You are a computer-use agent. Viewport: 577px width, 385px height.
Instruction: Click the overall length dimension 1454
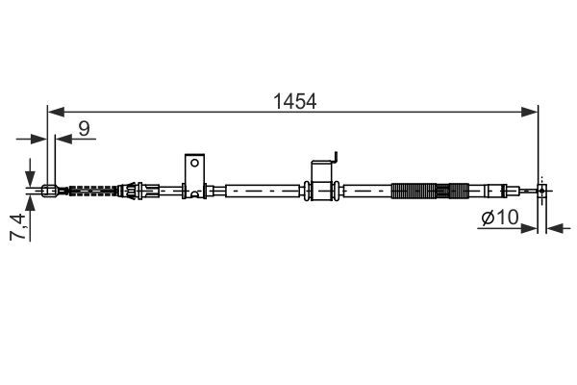pos(292,100)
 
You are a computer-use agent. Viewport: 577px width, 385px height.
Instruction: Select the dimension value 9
pos(85,127)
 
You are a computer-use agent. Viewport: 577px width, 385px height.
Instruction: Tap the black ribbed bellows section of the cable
pos(420,191)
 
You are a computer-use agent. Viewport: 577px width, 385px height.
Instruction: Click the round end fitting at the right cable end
pos(542,191)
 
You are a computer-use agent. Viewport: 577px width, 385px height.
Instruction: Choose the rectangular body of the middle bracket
pos(322,186)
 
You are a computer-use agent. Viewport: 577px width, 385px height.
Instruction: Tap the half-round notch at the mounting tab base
pos(195,195)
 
